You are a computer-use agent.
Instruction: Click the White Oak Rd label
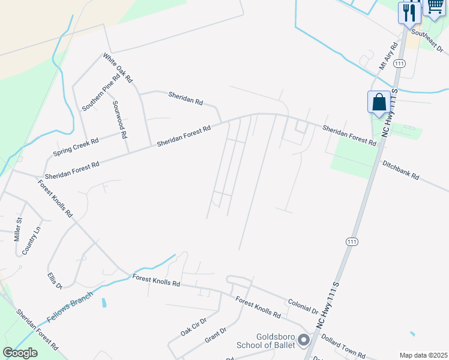tap(117, 67)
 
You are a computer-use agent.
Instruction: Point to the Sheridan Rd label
tap(185, 97)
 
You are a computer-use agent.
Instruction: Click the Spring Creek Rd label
tap(76, 146)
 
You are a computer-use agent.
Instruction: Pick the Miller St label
tap(18, 229)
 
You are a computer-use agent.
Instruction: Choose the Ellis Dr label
tap(55, 281)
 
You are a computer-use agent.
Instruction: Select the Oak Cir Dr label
tap(193, 326)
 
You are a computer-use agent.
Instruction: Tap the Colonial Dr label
tap(303, 307)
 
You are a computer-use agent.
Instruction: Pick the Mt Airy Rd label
tap(389, 57)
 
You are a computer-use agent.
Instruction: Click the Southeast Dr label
tap(427, 41)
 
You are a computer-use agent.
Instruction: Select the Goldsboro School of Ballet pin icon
tap(303, 341)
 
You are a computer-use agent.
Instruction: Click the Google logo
tap(20, 353)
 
